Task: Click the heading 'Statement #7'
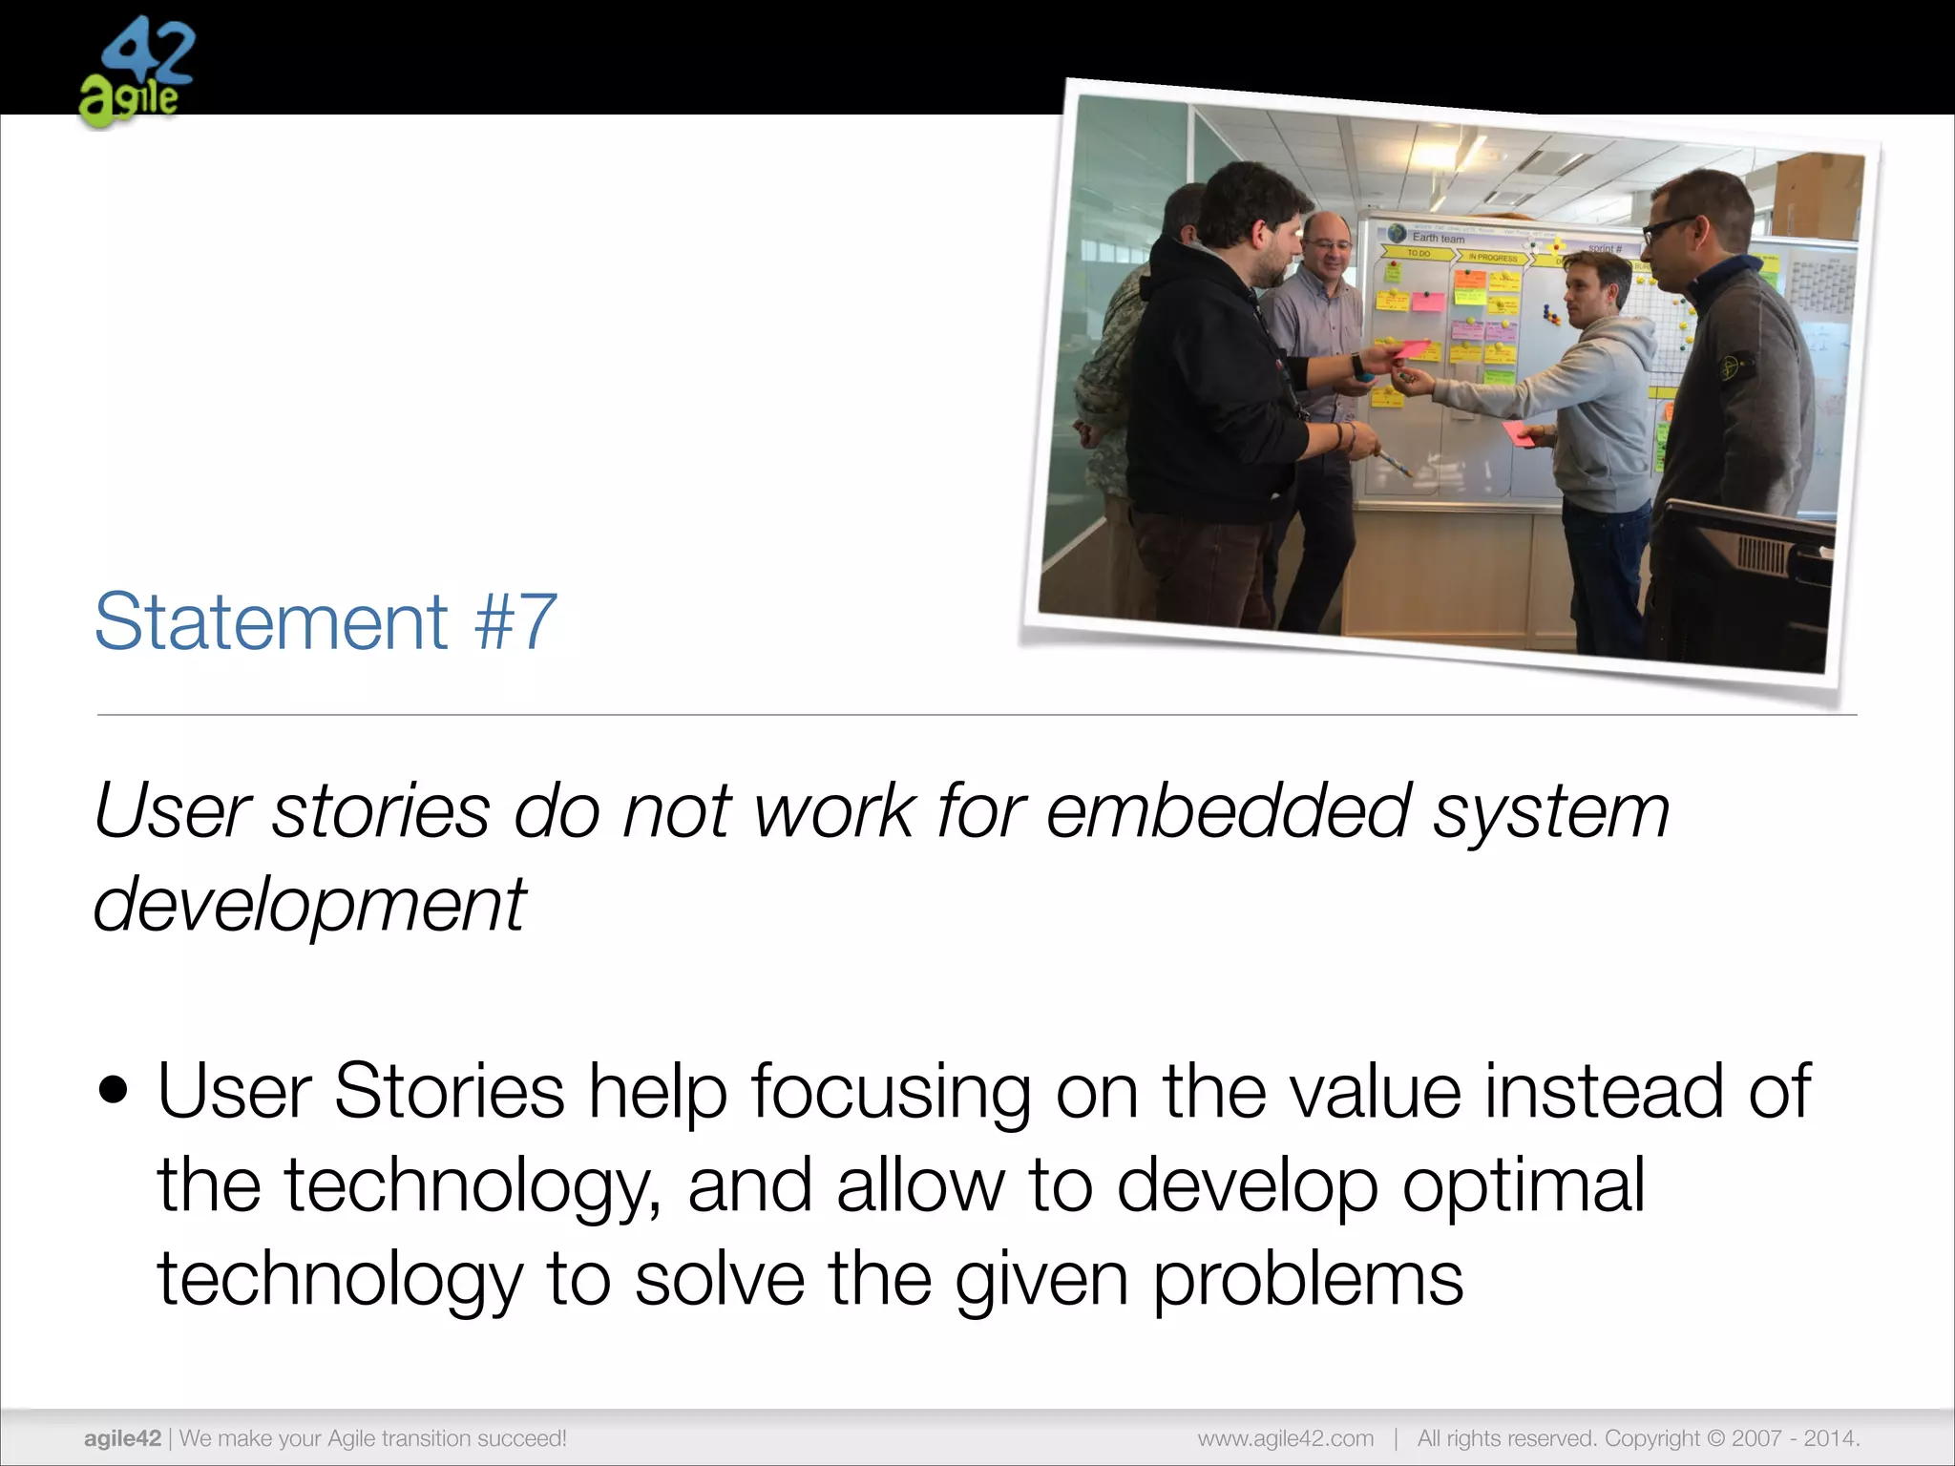(326, 622)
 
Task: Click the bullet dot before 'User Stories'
(114, 1090)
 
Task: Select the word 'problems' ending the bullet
(1308, 1279)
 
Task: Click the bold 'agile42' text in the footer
(122, 1438)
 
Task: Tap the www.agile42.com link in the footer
(1286, 1438)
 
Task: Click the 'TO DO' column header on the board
(1419, 254)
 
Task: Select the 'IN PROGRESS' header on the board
(1493, 258)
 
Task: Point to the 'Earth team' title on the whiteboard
(1439, 238)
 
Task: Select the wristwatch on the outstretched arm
(1357, 364)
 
